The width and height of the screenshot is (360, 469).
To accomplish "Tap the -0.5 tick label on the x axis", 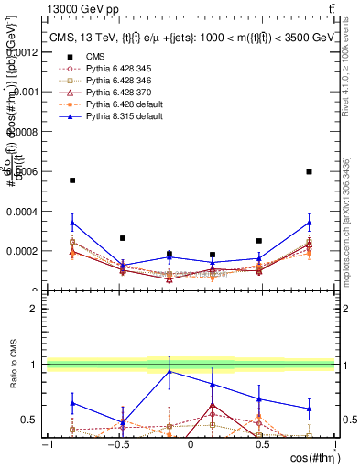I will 117,444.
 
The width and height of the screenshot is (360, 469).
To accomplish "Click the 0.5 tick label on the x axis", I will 263,444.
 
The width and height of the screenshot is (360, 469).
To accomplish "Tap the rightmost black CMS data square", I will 309,171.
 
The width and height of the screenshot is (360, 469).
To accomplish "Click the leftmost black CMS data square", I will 72,180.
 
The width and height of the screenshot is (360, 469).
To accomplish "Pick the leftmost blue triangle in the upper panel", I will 72,223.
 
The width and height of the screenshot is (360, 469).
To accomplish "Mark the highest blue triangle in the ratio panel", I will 169,371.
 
